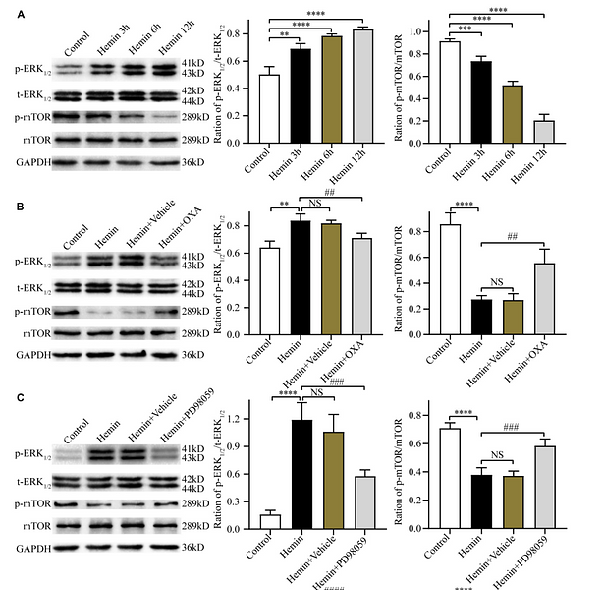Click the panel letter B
coord(7,207)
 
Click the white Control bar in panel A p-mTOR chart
coord(451,93)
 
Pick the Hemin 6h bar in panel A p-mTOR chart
coord(513,115)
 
